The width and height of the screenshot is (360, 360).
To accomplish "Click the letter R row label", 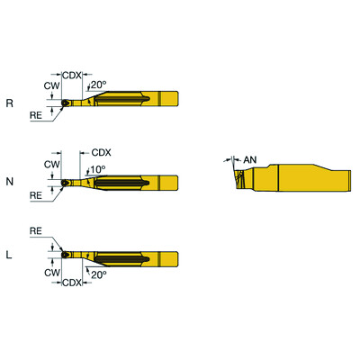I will [9, 103].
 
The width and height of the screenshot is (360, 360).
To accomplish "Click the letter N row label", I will [9, 181].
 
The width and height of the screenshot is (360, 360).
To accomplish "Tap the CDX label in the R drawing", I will [73, 74].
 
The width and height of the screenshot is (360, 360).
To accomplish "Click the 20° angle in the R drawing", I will [99, 84].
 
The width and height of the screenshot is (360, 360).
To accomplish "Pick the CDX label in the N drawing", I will [103, 152].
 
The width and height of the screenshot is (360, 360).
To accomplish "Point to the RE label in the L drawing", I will [36, 230].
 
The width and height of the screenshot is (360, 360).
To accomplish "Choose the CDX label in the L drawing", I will [73, 282].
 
